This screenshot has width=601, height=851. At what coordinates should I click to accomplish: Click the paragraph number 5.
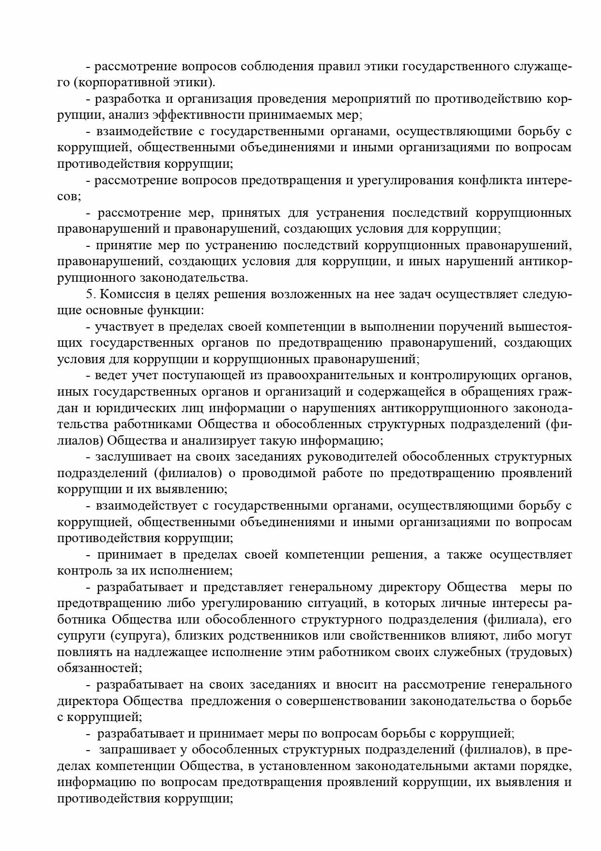(89, 294)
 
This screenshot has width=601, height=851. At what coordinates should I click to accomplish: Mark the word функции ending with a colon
(170, 310)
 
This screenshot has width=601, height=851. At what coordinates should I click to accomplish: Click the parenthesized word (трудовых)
(539, 652)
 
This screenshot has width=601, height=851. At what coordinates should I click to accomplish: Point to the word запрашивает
(133, 750)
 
